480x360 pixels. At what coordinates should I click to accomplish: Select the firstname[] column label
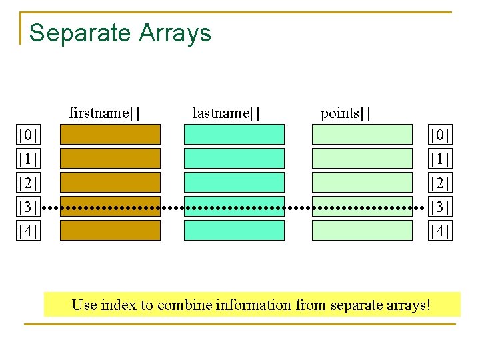(105, 113)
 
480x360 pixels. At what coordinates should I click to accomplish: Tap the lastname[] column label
(225, 113)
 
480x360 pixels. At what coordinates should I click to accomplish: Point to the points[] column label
(345, 113)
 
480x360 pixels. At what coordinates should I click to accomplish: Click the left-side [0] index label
(28, 135)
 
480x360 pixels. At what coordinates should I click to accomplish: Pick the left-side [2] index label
(28, 183)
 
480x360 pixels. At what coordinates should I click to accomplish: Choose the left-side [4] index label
(28, 231)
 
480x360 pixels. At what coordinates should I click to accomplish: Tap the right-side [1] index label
(440, 159)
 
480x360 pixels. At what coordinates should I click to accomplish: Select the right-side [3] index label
(440, 207)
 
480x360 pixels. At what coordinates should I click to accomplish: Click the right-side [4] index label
(440, 231)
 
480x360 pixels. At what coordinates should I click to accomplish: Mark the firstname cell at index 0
(111, 135)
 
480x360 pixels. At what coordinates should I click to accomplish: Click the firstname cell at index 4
(111, 231)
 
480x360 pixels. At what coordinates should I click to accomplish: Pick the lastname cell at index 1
(234, 159)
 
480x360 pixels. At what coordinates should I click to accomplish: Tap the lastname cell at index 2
(234, 183)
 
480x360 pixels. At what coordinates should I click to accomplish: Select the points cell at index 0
(363, 135)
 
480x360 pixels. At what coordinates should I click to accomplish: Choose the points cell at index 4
(363, 231)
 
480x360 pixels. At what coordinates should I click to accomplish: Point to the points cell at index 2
(363, 183)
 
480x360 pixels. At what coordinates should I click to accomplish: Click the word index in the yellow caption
(121, 305)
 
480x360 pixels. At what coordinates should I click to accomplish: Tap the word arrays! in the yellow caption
(408, 305)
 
